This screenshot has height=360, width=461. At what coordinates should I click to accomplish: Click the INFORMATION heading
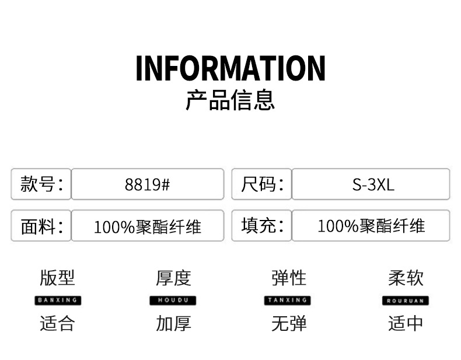pyautogui.click(x=230, y=68)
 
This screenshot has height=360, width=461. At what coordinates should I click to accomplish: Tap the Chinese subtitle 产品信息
pyautogui.click(x=230, y=100)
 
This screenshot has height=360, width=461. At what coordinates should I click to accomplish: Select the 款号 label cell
pyautogui.click(x=41, y=184)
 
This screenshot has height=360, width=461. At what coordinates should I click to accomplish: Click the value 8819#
pyautogui.click(x=147, y=184)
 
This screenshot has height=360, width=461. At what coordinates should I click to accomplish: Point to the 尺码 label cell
pyautogui.click(x=261, y=184)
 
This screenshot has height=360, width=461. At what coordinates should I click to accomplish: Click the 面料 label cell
pyautogui.click(x=41, y=226)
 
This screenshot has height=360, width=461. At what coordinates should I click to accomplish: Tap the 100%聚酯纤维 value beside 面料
pyautogui.click(x=147, y=226)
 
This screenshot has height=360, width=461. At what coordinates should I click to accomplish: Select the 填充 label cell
pyautogui.click(x=261, y=226)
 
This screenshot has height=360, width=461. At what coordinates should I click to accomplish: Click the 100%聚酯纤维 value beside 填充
pyautogui.click(x=371, y=226)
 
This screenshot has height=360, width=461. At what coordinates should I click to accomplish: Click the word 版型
pyautogui.click(x=57, y=278)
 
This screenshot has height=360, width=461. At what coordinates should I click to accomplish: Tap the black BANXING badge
pyautogui.click(x=57, y=300)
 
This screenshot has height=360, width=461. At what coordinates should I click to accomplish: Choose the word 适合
pyautogui.click(x=57, y=323)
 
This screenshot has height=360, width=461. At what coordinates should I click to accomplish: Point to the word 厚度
pyautogui.click(x=173, y=278)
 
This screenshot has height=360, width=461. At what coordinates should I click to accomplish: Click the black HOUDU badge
pyautogui.click(x=173, y=300)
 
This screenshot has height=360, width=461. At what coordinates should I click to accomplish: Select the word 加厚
pyautogui.click(x=173, y=323)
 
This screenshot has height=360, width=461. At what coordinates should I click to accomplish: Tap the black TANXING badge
pyautogui.click(x=289, y=300)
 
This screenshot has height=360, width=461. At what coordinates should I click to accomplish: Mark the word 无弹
pyautogui.click(x=289, y=323)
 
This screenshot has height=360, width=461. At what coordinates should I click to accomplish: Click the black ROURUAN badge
pyautogui.click(x=406, y=300)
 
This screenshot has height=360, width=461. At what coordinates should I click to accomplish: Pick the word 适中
pyautogui.click(x=406, y=323)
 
